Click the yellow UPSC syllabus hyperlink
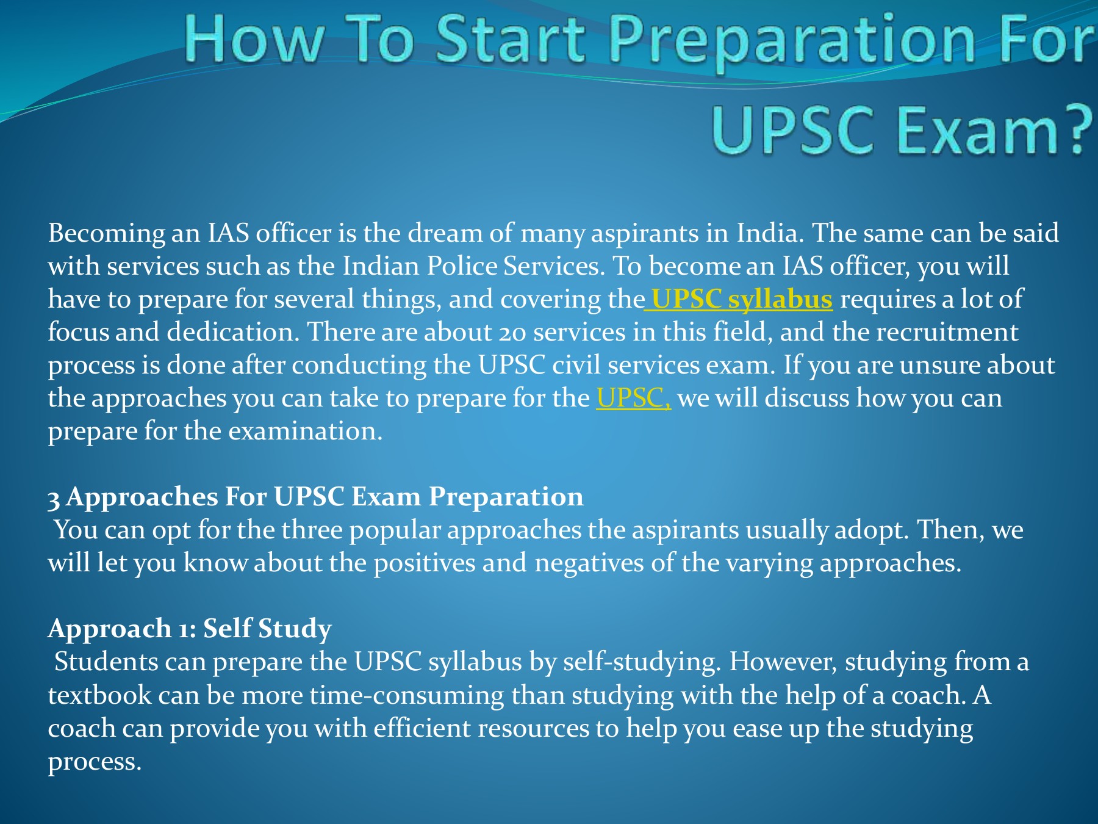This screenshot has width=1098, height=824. click(742, 300)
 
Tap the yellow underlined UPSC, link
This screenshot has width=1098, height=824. click(634, 398)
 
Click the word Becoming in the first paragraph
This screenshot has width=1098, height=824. click(107, 234)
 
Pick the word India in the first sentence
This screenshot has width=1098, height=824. click(770, 233)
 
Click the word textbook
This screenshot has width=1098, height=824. click(99, 695)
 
